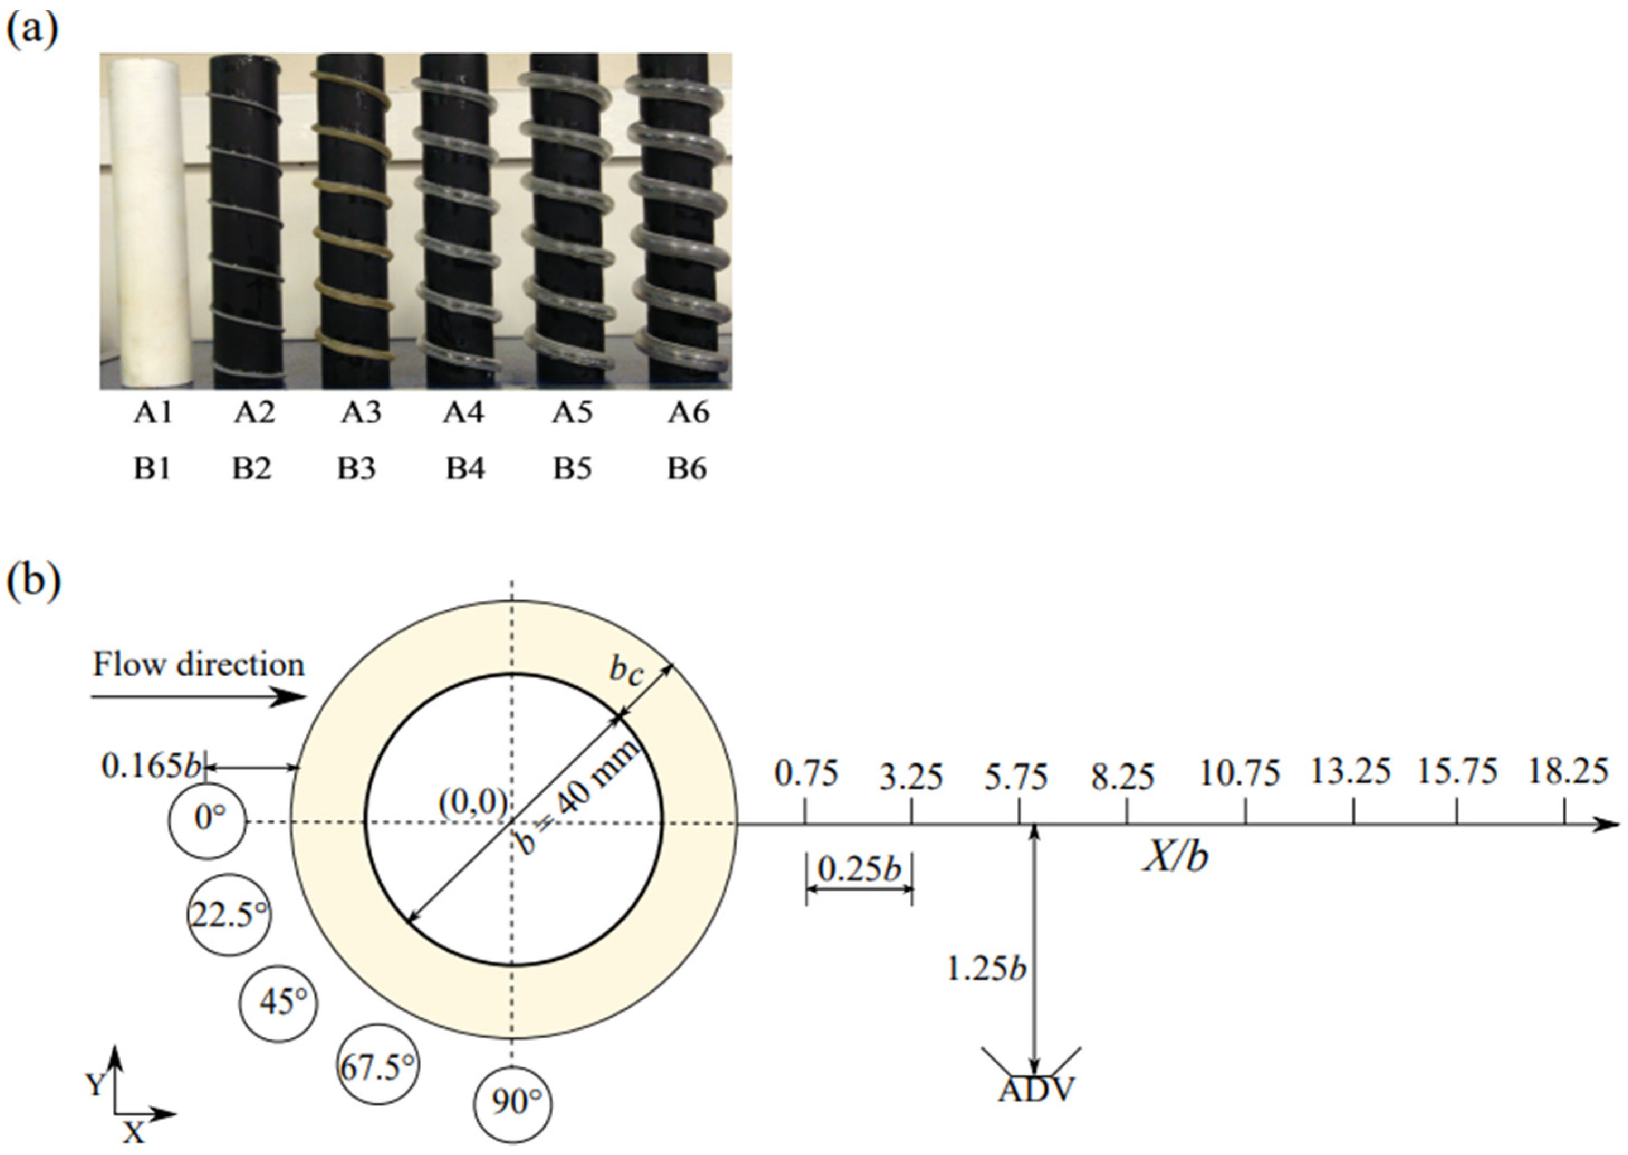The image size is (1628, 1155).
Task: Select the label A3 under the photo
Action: coord(361,412)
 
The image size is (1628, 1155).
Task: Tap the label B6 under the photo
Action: coord(687,469)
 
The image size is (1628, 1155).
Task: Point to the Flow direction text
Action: coord(199,665)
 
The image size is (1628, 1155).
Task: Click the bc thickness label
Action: coord(626,673)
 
